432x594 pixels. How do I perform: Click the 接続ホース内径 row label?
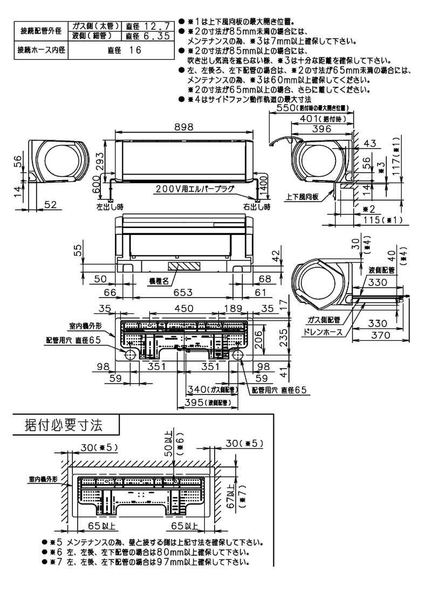click(x=39, y=50)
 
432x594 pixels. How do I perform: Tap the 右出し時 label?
click(x=256, y=206)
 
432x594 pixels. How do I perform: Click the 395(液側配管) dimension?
click(x=205, y=403)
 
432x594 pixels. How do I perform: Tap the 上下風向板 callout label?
click(x=301, y=197)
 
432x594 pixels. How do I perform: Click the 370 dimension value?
click(x=378, y=336)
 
